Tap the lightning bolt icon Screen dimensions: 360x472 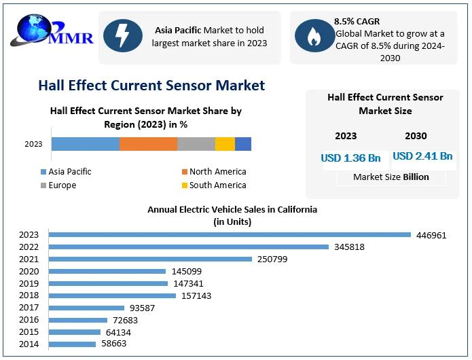122,37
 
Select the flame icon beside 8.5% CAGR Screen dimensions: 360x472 313,37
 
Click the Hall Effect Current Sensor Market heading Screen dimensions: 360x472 151,86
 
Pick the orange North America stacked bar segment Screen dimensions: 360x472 148,143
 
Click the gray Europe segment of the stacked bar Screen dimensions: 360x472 196,143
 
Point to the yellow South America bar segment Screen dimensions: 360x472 225,143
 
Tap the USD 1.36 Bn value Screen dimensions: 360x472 350,158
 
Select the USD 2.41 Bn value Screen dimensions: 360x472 422,156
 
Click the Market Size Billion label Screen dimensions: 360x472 391,177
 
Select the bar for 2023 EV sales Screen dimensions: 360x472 230,235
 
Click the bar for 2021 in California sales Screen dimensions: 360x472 150,259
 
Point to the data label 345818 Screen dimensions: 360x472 349,247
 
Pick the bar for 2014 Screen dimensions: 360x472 72,344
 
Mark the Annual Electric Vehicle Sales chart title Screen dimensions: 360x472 232,215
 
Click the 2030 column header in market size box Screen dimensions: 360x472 416,136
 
